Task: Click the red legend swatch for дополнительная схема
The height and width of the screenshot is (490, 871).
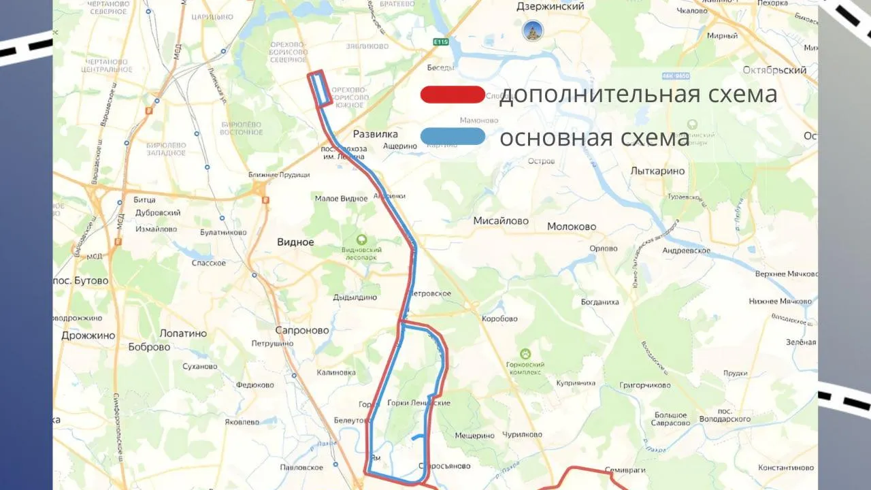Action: coord(453,95)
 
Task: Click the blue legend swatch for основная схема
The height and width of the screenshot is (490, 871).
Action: coord(453,137)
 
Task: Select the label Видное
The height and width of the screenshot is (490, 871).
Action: coord(295,242)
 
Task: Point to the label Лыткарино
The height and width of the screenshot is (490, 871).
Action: coord(657,171)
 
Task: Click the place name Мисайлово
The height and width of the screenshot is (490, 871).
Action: coord(501,221)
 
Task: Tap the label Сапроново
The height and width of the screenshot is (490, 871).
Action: coord(301,331)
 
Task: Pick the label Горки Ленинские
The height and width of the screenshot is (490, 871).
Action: coord(418,403)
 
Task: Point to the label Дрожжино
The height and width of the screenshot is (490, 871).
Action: coord(88,336)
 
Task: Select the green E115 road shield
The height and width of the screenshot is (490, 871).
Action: coord(441,42)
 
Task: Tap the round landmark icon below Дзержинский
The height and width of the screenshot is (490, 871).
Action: coord(532,31)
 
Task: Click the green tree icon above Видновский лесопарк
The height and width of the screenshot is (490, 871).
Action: coord(361,240)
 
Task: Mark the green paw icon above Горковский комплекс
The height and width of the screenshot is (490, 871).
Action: coord(525,354)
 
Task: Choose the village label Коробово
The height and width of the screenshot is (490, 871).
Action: coord(499,318)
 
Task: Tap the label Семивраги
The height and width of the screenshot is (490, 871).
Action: coord(625,470)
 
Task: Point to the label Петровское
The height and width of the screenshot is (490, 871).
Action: coord(430,294)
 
